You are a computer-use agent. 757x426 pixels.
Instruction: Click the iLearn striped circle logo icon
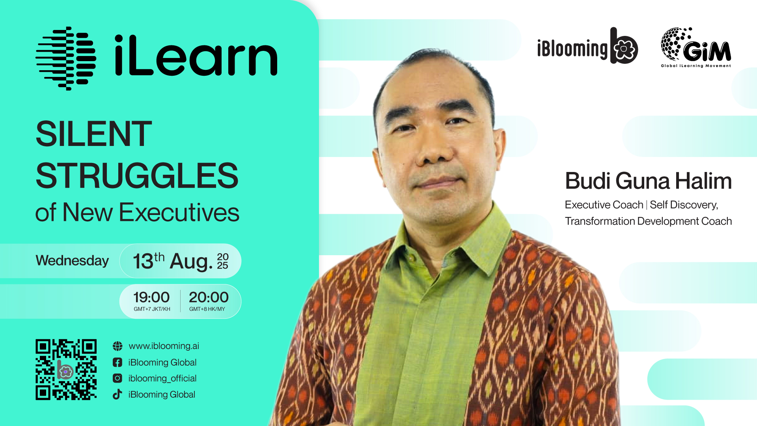[66, 58]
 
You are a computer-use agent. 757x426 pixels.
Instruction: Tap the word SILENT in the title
[94, 134]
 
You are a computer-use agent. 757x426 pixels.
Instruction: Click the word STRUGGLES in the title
[137, 176]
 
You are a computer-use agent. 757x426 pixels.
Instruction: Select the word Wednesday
[72, 260]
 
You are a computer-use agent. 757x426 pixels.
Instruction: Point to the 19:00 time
[151, 297]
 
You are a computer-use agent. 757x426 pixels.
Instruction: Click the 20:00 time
[209, 297]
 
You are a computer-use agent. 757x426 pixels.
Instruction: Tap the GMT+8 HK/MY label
[207, 309]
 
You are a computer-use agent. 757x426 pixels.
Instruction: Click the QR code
[66, 370]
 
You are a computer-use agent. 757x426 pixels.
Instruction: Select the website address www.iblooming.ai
[164, 346]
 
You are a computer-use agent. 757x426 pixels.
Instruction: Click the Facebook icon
[117, 362]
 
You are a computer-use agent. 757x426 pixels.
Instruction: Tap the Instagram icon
[117, 378]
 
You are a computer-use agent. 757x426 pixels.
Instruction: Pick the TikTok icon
[117, 394]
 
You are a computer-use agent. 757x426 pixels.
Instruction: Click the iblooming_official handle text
[162, 378]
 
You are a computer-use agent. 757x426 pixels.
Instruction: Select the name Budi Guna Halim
[648, 181]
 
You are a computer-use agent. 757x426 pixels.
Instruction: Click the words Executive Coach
[604, 205]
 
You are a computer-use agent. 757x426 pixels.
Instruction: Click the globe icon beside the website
[117, 346]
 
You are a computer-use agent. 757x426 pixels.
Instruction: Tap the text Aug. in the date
[191, 261]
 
